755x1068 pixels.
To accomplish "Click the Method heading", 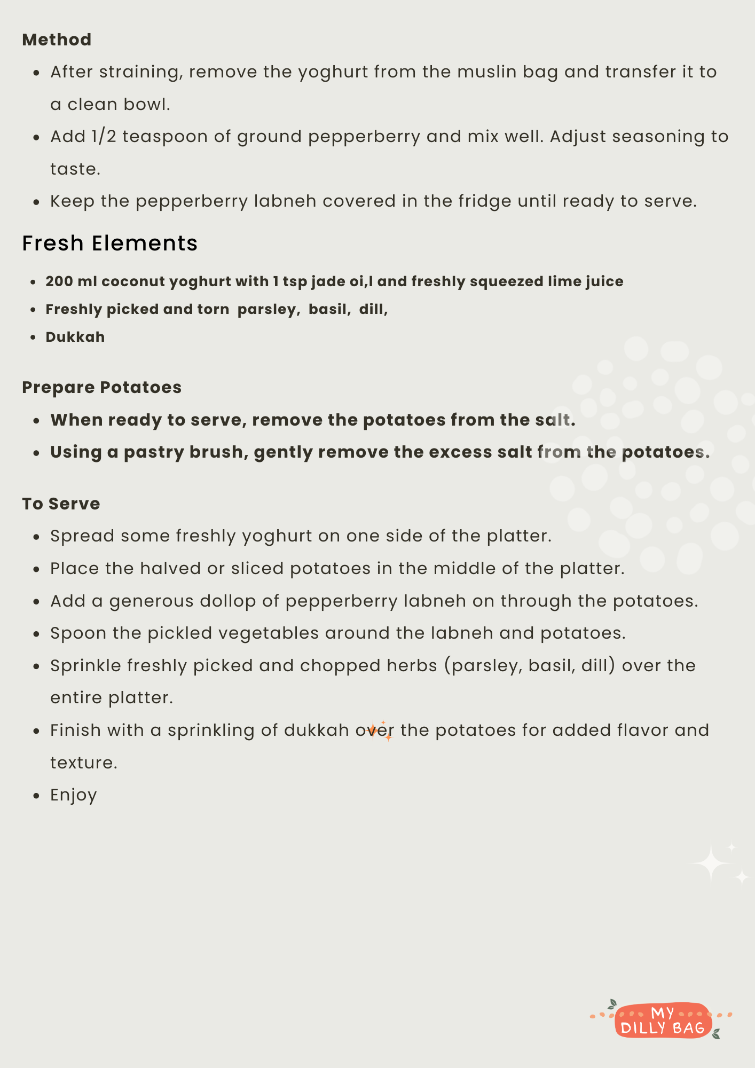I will (x=57, y=40).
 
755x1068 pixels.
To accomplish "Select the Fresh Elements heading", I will (x=109, y=243).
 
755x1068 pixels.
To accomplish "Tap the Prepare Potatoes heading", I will (x=101, y=387).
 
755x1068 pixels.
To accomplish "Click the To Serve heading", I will (x=61, y=504).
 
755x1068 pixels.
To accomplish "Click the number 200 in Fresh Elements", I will (x=59, y=281).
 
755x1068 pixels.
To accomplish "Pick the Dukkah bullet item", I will (x=75, y=337).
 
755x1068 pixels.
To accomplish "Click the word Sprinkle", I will (x=85, y=666).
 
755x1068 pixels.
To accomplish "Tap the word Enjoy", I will (x=74, y=795).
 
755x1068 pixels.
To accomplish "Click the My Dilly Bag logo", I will (x=662, y=1020).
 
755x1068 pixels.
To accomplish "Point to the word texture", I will (x=83, y=763).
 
